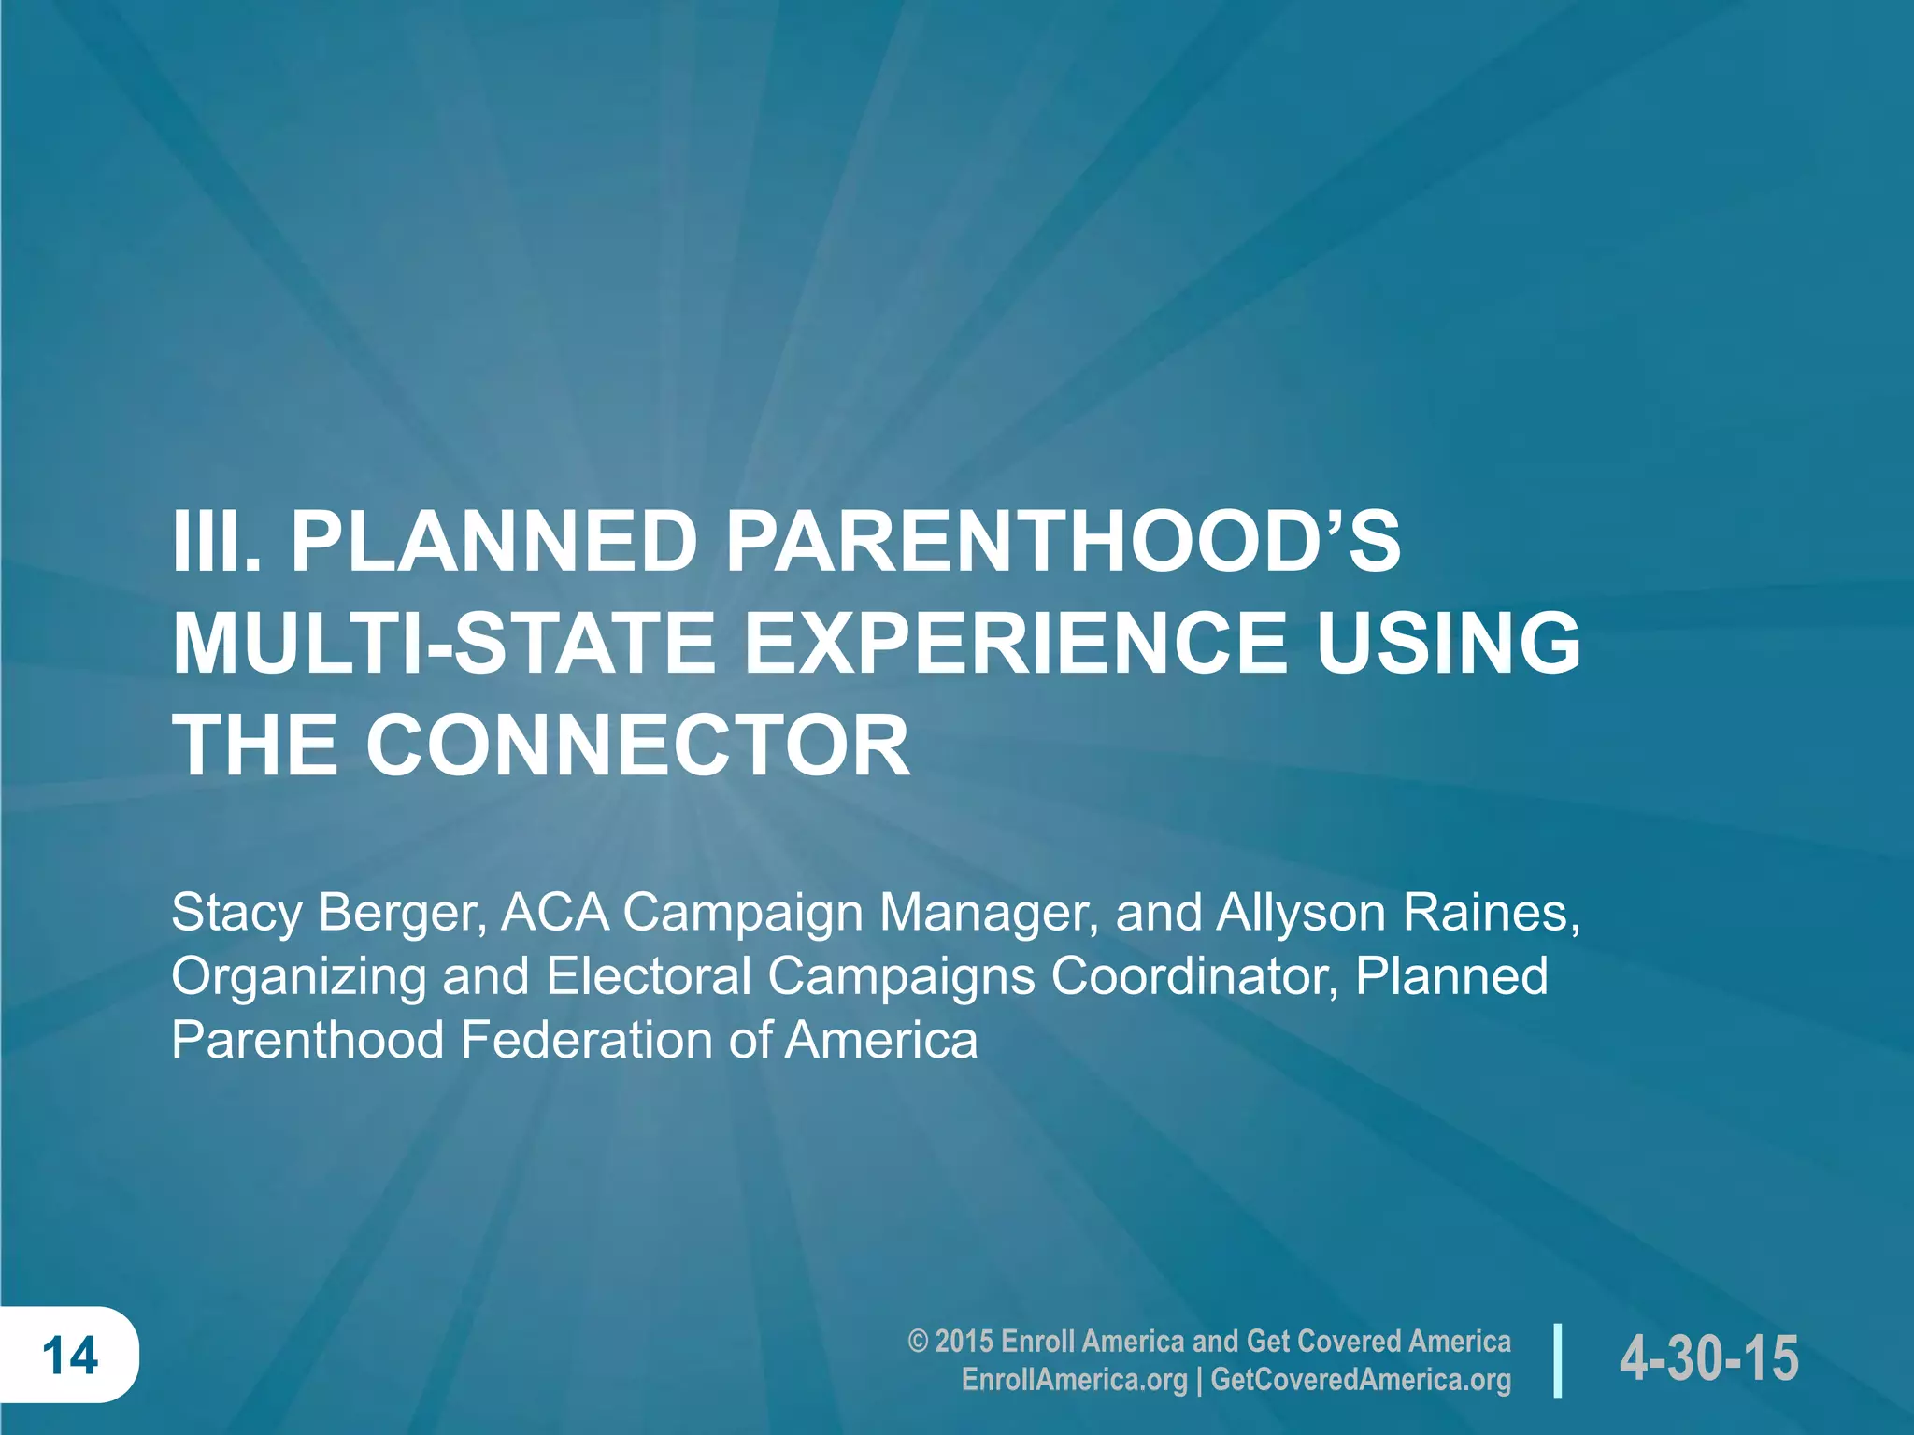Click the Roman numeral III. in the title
pos(215,543)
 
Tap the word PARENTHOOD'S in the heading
pos(1063,543)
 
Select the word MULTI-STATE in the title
pos(443,644)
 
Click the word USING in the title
pos(1448,644)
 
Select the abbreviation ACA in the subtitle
pos(555,913)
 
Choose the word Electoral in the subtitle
pos(649,976)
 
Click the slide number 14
pos(70,1356)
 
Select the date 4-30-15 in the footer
pos(1709,1358)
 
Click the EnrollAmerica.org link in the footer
pos(1074,1380)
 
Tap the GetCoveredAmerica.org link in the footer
pos(1361,1380)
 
